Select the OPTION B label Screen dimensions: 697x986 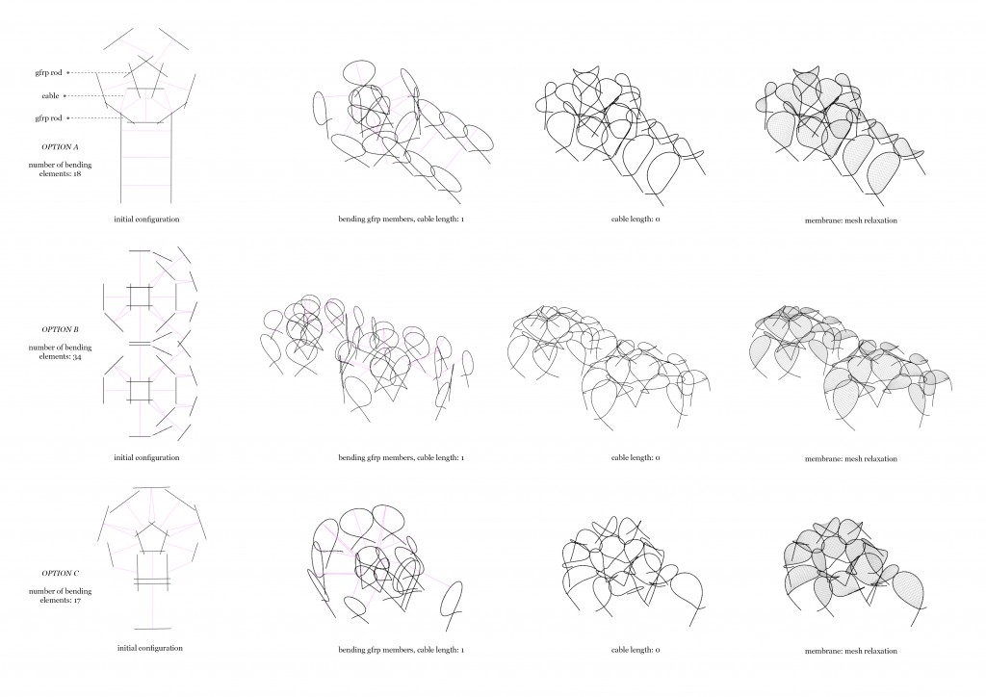60,329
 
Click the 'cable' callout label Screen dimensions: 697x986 50,95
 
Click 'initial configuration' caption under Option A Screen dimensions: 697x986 146,219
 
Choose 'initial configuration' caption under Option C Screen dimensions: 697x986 146,649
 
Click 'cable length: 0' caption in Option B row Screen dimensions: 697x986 636,457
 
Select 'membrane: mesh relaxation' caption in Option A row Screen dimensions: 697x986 850,219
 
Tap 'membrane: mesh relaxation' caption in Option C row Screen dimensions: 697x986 850,651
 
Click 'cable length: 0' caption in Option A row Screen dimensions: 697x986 636,219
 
